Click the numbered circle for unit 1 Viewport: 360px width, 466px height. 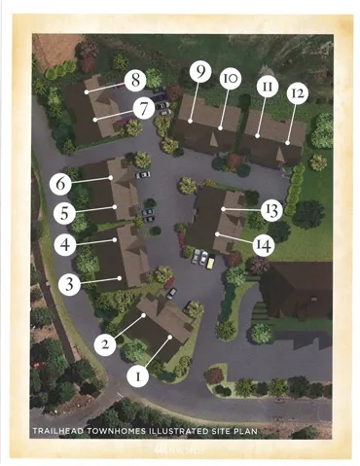click(138, 376)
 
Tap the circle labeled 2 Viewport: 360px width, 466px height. click(105, 344)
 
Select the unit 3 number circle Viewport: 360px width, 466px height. click(69, 284)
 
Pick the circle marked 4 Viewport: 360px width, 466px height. click(65, 244)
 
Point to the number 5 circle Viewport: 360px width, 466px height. click(64, 213)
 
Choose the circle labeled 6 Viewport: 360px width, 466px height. click(60, 184)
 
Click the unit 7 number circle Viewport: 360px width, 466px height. click(144, 109)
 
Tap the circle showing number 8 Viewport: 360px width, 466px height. click(135, 80)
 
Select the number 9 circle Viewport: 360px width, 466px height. click(200, 72)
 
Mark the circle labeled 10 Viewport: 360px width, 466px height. click(231, 78)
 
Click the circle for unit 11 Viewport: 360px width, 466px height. click(268, 87)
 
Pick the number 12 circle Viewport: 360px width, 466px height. click(298, 93)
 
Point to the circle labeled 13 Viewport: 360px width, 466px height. click(271, 210)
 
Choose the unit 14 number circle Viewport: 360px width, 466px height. click(264, 245)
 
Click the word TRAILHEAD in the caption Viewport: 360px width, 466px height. click(57, 431)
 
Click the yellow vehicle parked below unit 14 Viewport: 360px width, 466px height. click(211, 261)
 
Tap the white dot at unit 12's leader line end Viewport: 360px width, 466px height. click(287, 142)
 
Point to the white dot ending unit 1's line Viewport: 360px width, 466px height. click(169, 338)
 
